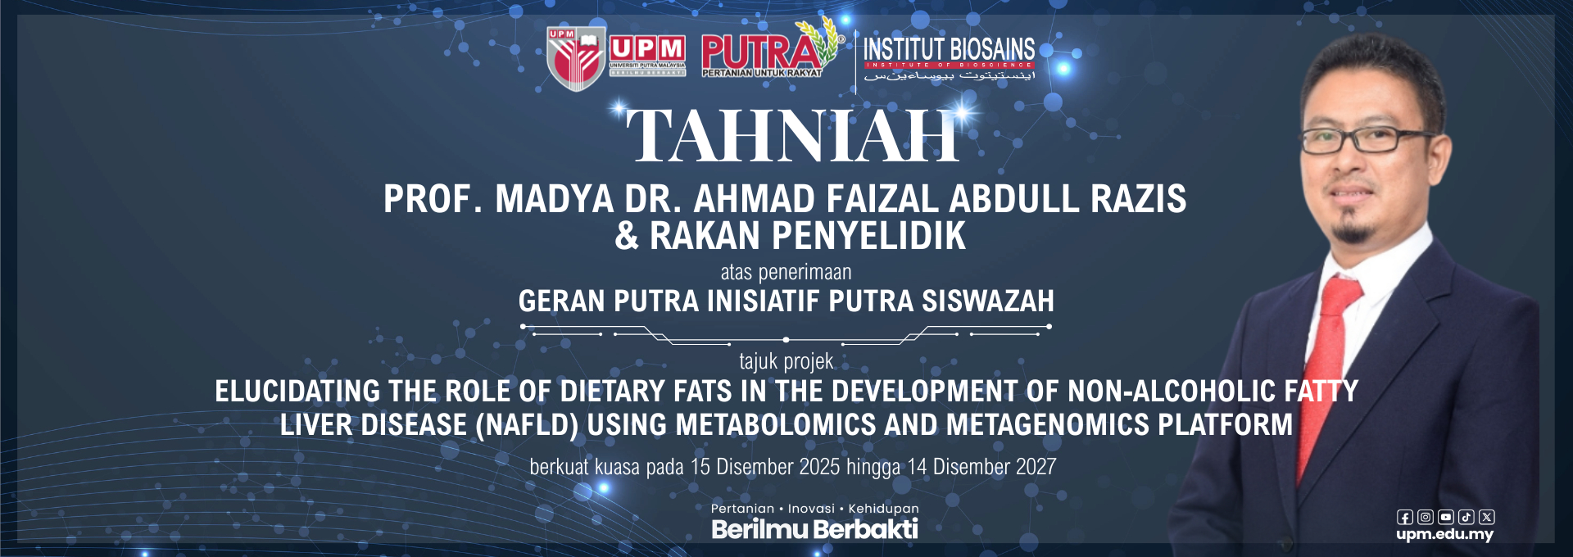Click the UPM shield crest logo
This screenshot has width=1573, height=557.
coord(575,59)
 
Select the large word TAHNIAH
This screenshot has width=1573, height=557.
coord(792,136)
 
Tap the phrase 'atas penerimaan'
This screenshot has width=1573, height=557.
coord(786,272)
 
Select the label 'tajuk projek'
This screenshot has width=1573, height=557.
coord(786,361)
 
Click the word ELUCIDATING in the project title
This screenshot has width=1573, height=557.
coord(297,392)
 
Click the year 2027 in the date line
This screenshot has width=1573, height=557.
coord(1036,467)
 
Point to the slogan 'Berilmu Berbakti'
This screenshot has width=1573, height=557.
coord(814,529)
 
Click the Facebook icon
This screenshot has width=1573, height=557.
coord(1404,517)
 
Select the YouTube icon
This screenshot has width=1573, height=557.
coord(1445,517)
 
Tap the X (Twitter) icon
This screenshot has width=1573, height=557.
coord(1487,517)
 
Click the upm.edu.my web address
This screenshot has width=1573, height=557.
coord(1444,534)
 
